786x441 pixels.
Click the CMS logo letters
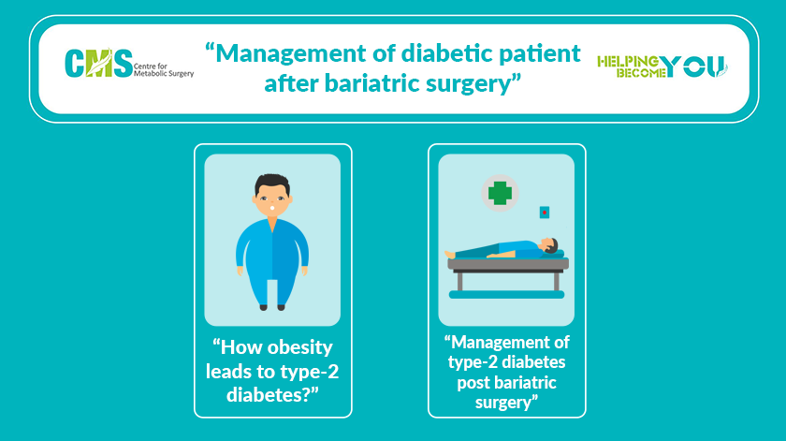[x=99, y=64]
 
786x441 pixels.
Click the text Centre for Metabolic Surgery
[x=164, y=69]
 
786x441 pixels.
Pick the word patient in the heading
[x=539, y=54]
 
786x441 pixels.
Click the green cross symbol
[x=500, y=193]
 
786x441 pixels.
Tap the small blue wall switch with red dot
[x=545, y=213]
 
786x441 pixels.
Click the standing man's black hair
[x=272, y=183]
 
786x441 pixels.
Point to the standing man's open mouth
[x=272, y=207]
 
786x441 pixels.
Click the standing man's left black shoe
[x=263, y=307]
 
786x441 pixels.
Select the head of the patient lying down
[x=551, y=245]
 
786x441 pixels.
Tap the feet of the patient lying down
[x=450, y=255]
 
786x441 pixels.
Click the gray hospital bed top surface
[x=508, y=264]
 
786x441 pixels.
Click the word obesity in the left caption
[x=301, y=348]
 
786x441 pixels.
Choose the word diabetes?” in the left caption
[x=272, y=395]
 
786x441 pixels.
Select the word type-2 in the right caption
[x=472, y=362]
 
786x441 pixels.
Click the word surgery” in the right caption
[x=507, y=403]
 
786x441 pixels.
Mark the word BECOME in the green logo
[x=641, y=73]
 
